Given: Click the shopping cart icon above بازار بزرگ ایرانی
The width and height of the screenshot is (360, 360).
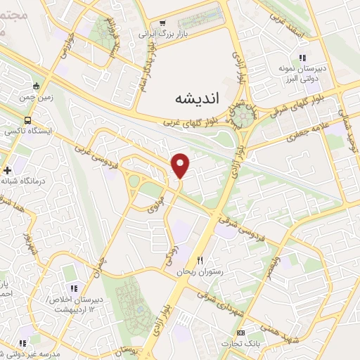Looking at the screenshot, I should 162,23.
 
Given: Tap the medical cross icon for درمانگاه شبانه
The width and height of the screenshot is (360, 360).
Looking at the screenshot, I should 7,170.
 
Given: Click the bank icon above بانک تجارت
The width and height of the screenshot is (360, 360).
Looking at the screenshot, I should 242,333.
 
